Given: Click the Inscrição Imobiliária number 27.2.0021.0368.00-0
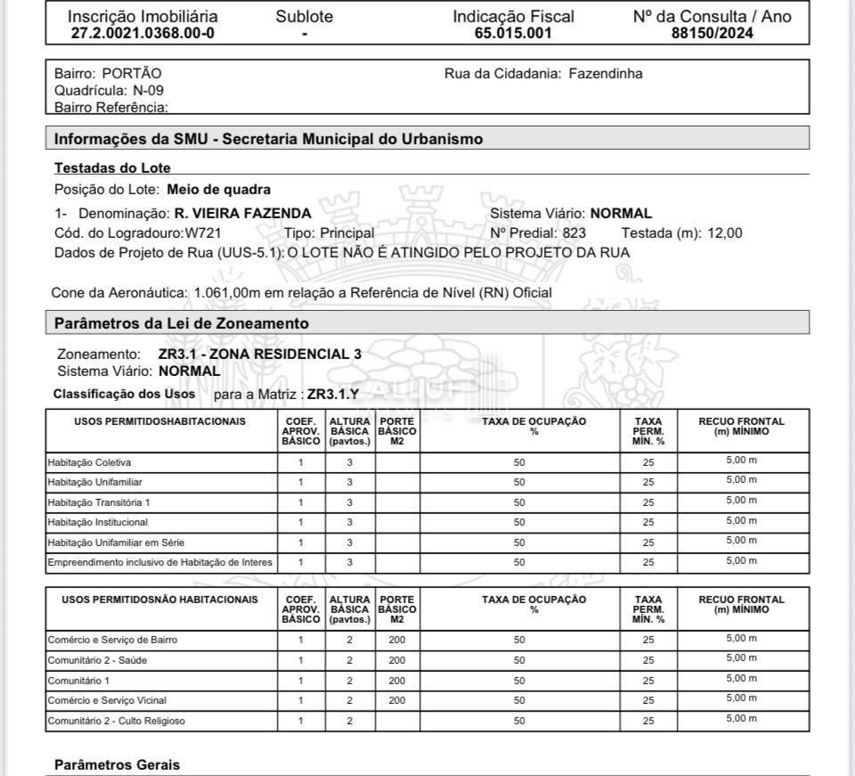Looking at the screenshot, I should click(142, 34).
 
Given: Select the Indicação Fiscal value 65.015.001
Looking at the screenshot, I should click(513, 34).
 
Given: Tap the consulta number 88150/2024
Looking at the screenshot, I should click(712, 34).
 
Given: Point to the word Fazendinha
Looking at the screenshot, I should click(606, 74).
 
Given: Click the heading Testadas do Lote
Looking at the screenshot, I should click(112, 167).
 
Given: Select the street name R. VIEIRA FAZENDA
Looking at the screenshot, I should click(242, 214).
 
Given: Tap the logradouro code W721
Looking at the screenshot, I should click(203, 233).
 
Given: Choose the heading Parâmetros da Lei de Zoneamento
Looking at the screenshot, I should click(182, 323).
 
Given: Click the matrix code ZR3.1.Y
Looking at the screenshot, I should click(333, 394).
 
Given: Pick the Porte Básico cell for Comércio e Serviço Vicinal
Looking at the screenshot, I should click(397, 700).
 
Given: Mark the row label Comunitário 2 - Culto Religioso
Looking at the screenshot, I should click(116, 721).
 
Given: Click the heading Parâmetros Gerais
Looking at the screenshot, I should click(117, 764).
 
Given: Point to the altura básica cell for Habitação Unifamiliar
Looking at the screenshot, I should click(349, 482).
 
